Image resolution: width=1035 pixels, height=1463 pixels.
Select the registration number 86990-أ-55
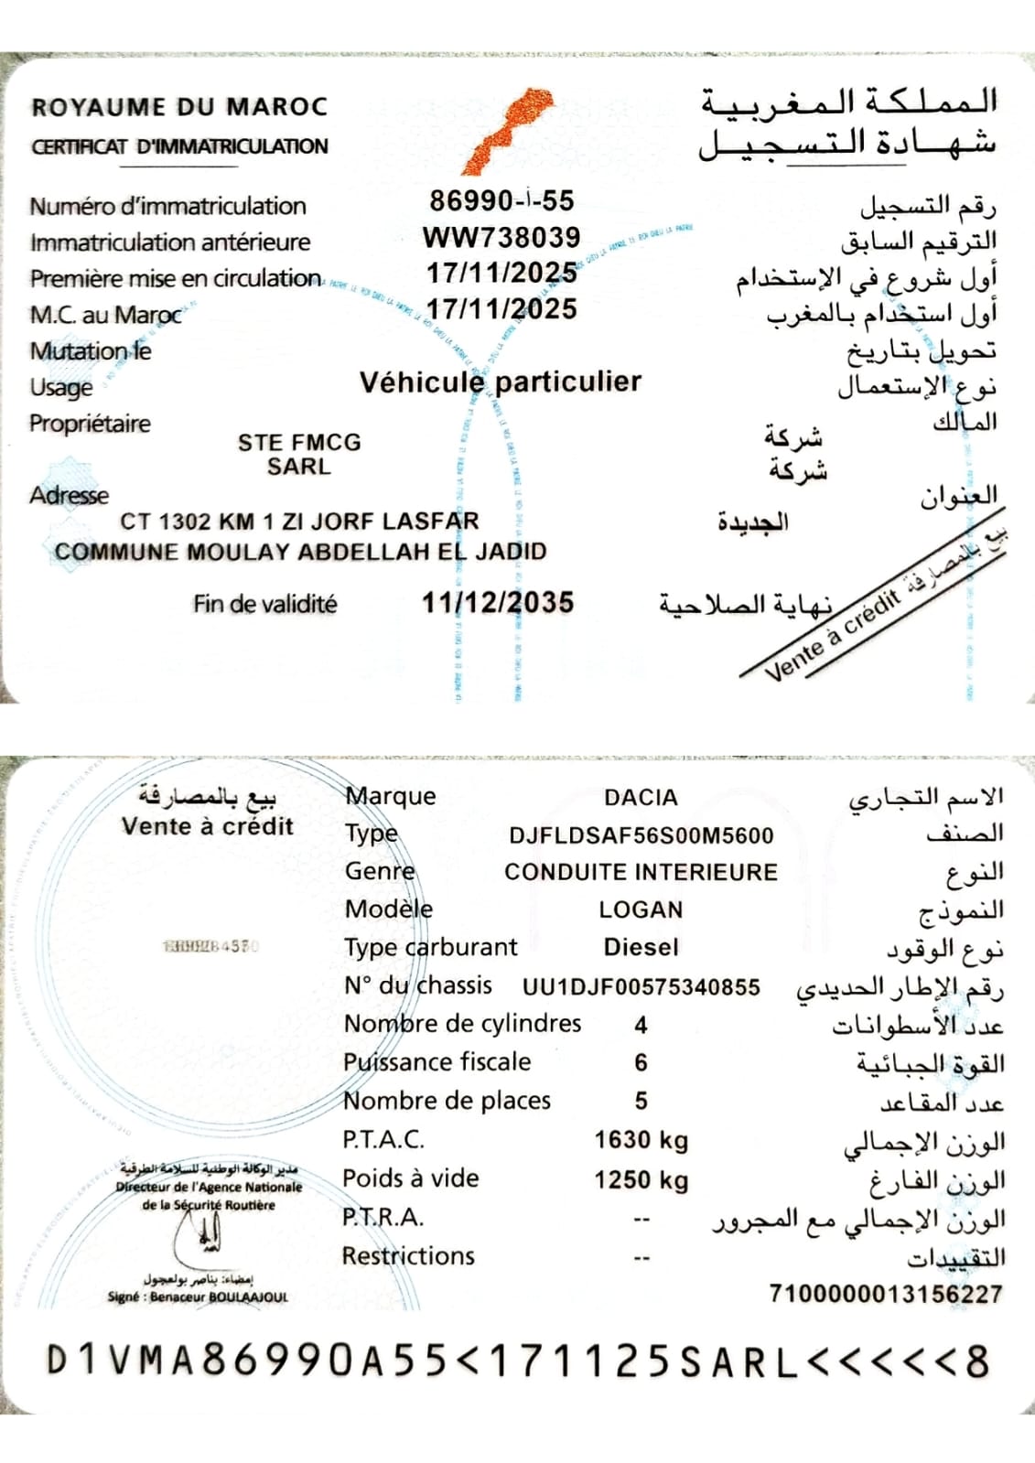tap(501, 201)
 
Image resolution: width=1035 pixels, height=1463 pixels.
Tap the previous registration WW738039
tap(501, 238)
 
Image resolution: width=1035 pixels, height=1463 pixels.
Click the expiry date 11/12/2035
tap(498, 603)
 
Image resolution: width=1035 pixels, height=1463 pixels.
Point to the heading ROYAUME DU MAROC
tap(179, 107)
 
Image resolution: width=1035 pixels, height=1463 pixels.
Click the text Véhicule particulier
tap(501, 382)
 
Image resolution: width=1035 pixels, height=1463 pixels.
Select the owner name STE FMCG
tap(299, 443)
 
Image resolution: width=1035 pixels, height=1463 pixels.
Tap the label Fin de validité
tap(264, 604)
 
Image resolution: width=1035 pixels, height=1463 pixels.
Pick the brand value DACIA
tap(641, 798)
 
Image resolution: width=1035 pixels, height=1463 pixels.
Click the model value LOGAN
tap(641, 910)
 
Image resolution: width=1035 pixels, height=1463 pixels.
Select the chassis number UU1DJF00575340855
tap(641, 987)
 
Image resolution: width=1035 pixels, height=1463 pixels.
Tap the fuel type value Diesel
tap(641, 947)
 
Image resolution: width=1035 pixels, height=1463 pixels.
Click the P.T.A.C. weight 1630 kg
tap(641, 1140)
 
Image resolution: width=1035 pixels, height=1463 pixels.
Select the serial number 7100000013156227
tap(885, 1294)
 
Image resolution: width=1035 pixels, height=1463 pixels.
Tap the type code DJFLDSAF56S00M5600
tap(641, 835)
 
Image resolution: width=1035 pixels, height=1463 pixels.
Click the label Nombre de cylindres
tap(462, 1023)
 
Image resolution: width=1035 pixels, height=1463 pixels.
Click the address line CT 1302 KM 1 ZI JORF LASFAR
tap(299, 522)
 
